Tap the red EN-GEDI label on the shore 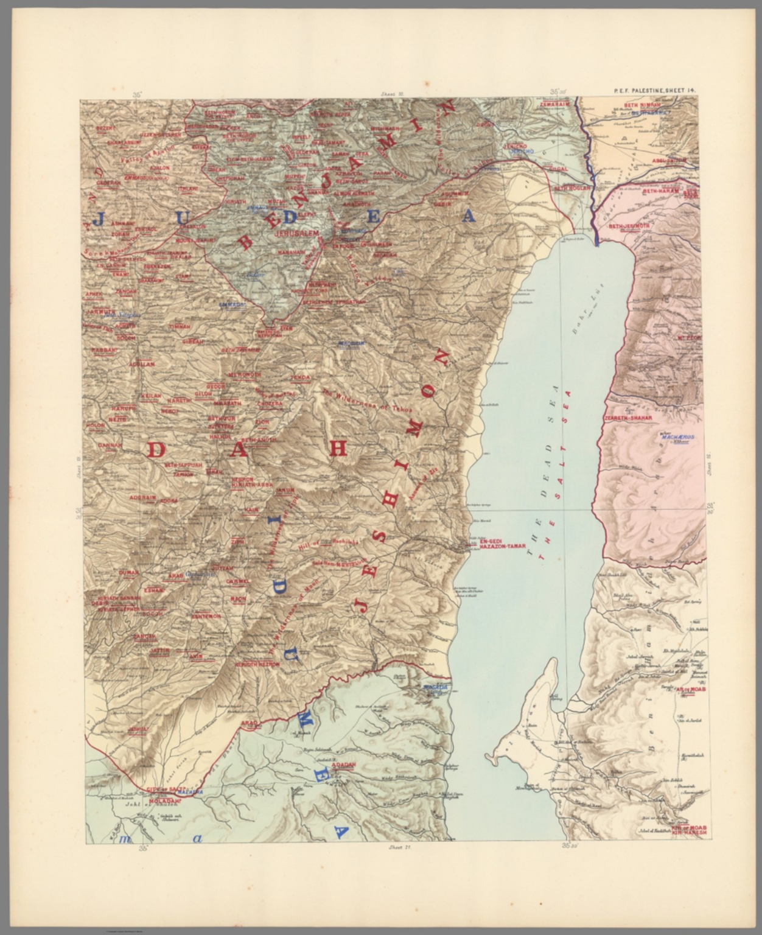493,541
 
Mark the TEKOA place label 301,377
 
